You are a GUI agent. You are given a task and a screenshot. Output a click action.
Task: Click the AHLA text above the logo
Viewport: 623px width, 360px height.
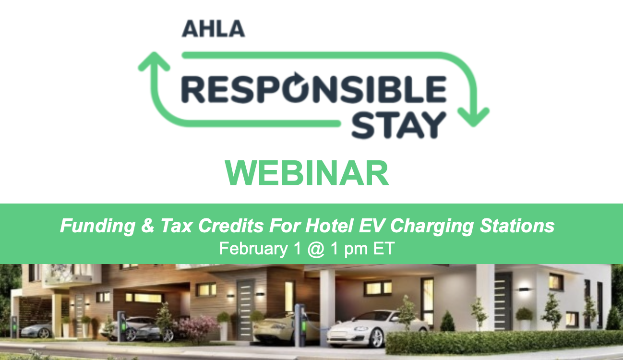click(x=213, y=28)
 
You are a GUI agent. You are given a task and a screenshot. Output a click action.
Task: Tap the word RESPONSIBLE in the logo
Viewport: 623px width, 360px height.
click(x=314, y=89)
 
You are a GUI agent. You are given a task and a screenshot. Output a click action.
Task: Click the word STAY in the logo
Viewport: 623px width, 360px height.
click(x=399, y=125)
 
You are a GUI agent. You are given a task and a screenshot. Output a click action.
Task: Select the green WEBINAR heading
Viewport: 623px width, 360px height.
click(x=307, y=173)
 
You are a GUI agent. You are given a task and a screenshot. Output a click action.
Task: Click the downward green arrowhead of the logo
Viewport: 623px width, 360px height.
click(x=474, y=117)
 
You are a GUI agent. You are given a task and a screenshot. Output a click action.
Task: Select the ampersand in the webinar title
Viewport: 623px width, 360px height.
click(x=147, y=225)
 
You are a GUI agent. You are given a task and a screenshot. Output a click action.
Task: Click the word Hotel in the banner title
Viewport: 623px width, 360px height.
click(x=330, y=225)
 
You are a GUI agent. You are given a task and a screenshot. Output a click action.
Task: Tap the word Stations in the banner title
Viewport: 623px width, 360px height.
click(x=517, y=225)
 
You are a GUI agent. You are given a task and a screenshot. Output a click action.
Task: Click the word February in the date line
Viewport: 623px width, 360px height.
click(x=253, y=249)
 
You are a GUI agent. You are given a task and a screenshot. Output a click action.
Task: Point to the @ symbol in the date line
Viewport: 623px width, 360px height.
click(x=316, y=249)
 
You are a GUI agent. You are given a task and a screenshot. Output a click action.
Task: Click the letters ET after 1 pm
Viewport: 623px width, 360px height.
click(x=383, y=248)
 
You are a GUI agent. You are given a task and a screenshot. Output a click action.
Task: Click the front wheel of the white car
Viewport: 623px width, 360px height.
click(x=377, y=337)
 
